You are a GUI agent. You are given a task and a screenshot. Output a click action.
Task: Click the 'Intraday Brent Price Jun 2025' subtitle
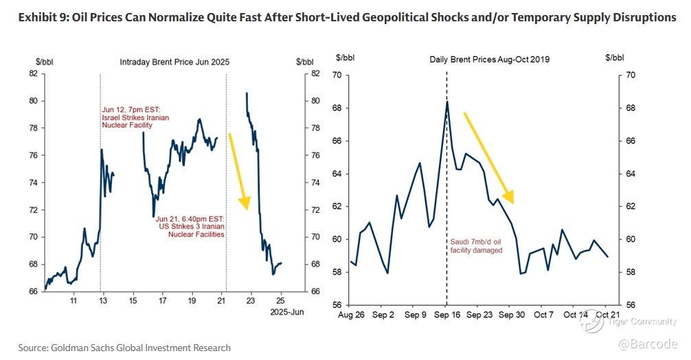click(175, 62)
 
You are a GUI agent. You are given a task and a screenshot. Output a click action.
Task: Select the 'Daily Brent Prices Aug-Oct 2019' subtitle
click(490, 60)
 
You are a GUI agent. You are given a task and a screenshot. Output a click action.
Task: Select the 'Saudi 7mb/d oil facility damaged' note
click(476, 246)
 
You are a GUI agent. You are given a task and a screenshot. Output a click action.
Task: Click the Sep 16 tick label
click(446, 315)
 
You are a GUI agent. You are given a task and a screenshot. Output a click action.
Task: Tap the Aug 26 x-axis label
click(350, 315)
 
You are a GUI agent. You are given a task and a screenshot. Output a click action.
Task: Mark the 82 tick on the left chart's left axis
click(32, 74)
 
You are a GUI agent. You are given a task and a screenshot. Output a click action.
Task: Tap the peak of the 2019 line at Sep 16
click(447, 102)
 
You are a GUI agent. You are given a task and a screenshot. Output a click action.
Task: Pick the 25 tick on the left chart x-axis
click(280, 300)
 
